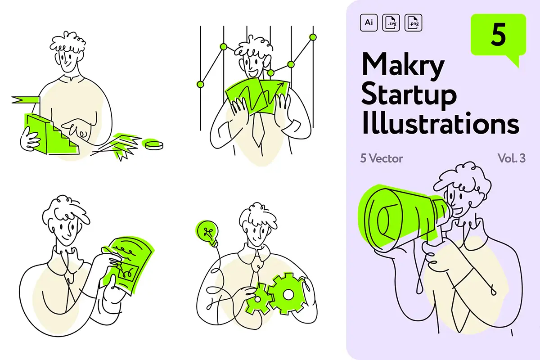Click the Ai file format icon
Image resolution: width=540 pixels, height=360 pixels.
369,22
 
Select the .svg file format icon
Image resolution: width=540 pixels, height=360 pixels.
391,22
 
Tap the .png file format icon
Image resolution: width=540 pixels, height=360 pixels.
413,22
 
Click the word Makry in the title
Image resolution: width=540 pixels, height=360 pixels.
403,66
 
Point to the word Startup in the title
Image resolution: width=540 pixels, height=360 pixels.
409,96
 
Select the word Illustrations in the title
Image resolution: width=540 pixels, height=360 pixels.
441,123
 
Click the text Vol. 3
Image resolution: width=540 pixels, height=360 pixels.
511,158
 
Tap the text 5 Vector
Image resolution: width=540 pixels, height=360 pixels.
382,159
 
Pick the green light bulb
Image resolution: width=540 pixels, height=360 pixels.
208,233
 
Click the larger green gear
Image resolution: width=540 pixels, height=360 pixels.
287,294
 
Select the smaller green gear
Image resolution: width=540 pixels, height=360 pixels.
258,299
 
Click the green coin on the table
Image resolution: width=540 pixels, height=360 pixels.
153,144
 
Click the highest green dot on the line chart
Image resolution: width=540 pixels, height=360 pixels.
313,37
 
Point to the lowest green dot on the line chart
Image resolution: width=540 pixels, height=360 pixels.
200,85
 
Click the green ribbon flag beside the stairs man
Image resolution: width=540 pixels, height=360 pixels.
26,100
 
